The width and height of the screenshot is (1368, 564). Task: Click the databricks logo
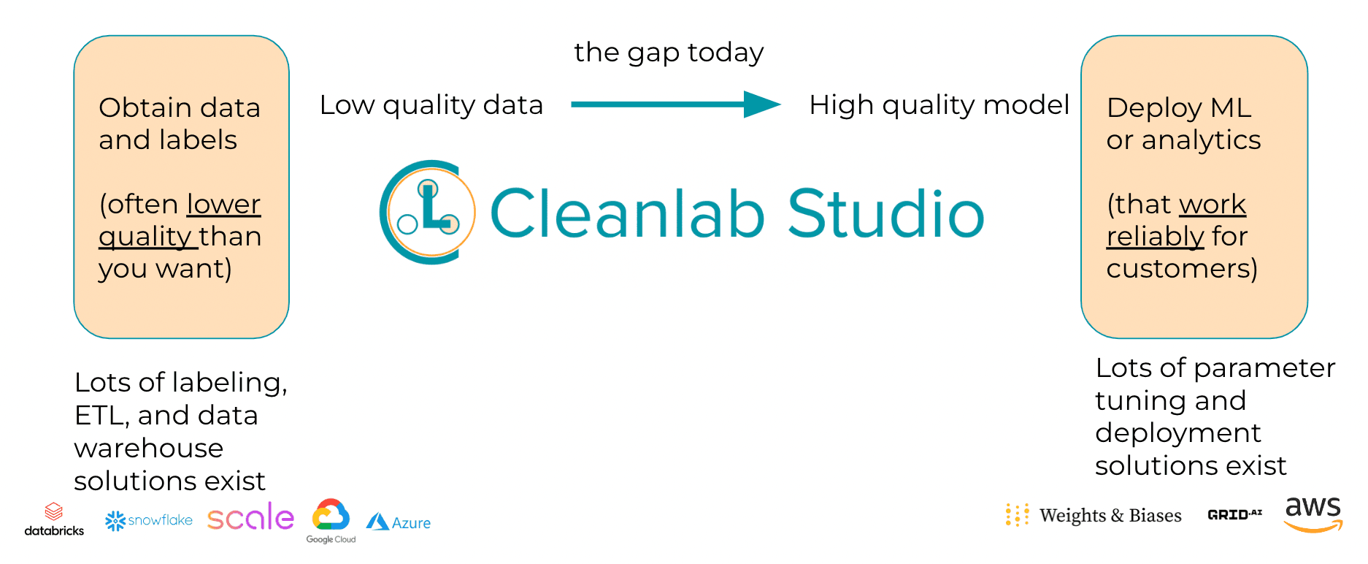pyautogui.click(x=54, y=519)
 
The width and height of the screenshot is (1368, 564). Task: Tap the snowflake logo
pyautogui.click(x=149, y=520)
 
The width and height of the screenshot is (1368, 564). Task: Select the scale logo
pyautogui.click(x=250, y=517)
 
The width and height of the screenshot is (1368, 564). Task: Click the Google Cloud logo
pyautogui.click(x=331, y=521)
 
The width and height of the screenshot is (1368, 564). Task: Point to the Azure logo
pyautogui.click(x=399, y=522)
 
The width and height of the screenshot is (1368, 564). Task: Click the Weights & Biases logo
pyautogui.click(x=1093, y=515)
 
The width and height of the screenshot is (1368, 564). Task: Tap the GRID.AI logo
pyautogui.click(x=1234, y=514)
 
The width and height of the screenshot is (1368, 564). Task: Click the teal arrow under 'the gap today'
pyautogui.click(x=675, y=104)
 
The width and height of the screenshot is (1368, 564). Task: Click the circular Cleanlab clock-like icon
pyautogui.click(x=428, y=213)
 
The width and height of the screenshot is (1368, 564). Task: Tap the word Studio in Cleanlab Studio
pyautogui.click(x=885, y=214)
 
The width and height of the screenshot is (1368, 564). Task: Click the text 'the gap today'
pyautogui.click(x=669, y=53)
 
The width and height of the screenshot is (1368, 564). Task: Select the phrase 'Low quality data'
pyautogui.click(x=431, y=105)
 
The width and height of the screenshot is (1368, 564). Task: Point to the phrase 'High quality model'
pyautogui.click(x=939, y=105)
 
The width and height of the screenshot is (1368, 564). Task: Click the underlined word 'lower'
pyautogui.click(x=223, y=205)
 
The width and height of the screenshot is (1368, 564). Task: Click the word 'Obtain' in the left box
pyautogui.click(x=135, y=108)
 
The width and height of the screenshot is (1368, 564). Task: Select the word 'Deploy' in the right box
pyautogui.click(x=1153, y=108)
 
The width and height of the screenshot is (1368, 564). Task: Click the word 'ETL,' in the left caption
pyautogui.click(x=102, y=416)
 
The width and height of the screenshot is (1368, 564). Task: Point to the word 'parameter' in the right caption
pyautogui.click(x=1264, y=368)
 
